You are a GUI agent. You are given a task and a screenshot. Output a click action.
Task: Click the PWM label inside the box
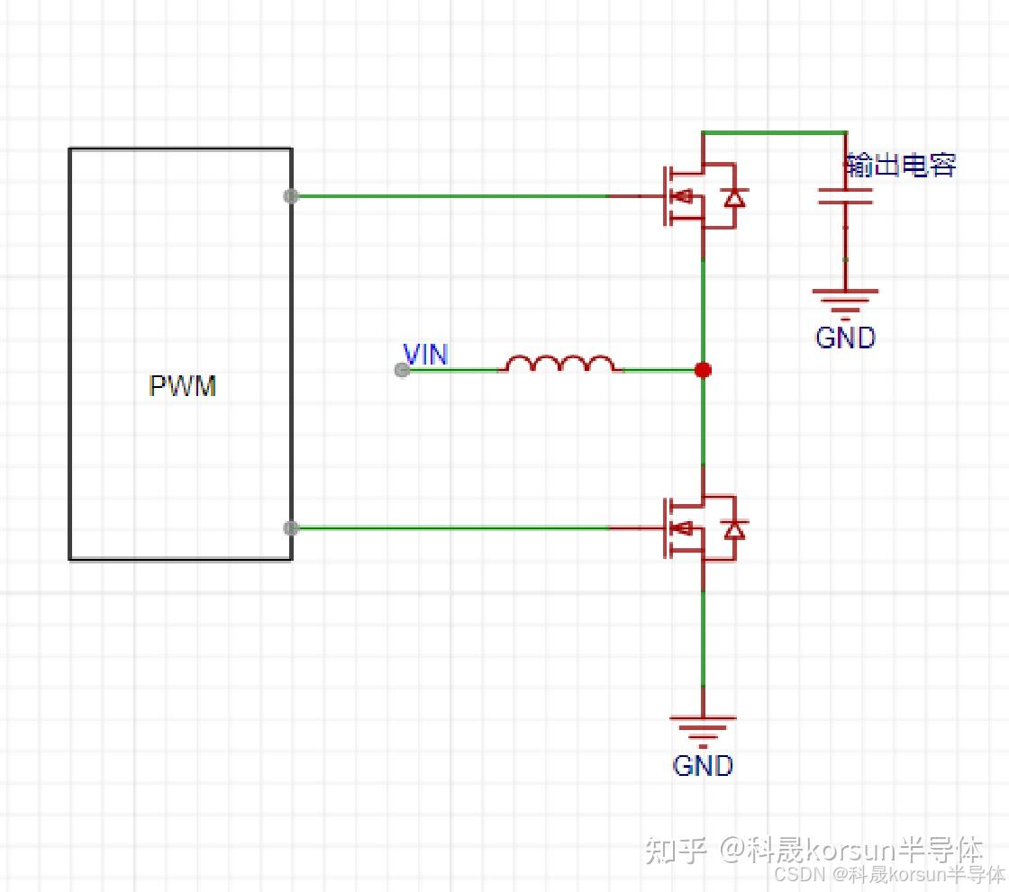click(183, 386)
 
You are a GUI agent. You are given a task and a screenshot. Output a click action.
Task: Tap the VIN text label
click(425, 355)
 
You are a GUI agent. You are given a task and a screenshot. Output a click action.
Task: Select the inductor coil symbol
click(560, 364)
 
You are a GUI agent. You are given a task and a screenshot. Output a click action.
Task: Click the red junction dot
click(703, 370)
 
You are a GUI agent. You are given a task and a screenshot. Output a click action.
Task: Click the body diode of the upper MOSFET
click(735, 197)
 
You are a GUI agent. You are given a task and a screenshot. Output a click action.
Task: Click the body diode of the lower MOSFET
click(735, 530)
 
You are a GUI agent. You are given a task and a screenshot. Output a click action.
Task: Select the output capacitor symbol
click(845, 196)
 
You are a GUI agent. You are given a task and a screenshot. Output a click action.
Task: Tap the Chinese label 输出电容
click(900, 165)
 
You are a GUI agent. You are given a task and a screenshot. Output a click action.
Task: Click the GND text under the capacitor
click(845, 338)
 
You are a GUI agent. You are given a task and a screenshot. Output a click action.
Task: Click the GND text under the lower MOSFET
click(703, 766)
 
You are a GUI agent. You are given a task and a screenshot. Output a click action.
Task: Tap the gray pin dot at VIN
click(403, 370)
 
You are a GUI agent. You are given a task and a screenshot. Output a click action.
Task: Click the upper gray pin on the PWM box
click(290, 195)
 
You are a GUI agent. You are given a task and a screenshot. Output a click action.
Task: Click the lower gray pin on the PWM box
click(290, 528)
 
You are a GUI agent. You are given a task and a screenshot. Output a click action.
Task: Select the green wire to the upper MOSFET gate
click(450, 195)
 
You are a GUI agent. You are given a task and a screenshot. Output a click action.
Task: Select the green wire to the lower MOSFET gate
click(450, 528)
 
